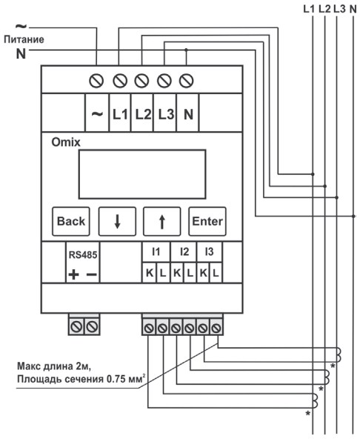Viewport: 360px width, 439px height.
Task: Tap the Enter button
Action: [x=207, y=221]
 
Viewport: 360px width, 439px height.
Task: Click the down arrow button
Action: [x=117, y=221]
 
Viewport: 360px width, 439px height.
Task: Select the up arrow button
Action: [x=162, y=221]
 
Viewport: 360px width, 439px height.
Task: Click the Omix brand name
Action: [x=66, y=142]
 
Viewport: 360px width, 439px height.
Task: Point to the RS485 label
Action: [x=83, y=255]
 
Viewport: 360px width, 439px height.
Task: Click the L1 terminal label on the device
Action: [x=120, y=114]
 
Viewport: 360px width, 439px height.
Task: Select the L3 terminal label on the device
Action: [x=166, y=114]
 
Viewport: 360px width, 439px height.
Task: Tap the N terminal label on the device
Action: [x=189, y=114]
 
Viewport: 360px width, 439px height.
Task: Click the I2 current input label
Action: [x=184, y=251]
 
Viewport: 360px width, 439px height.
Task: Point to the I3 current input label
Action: [x=209, y=251]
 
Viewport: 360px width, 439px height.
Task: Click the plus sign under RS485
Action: [x=73, y=274]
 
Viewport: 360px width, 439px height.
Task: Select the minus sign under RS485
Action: [x=92, y=274]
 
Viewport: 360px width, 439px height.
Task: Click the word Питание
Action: [x=24, y=39]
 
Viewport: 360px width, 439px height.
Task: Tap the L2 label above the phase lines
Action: [x=324, y=9]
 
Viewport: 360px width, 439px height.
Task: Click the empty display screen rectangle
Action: [x=142, y=174]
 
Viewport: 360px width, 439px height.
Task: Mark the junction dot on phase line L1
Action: [x=313, y=174]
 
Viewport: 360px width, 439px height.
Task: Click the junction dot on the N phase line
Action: [x=353, y=216]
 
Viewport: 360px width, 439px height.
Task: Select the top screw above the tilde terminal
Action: [x=96, y=81]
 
